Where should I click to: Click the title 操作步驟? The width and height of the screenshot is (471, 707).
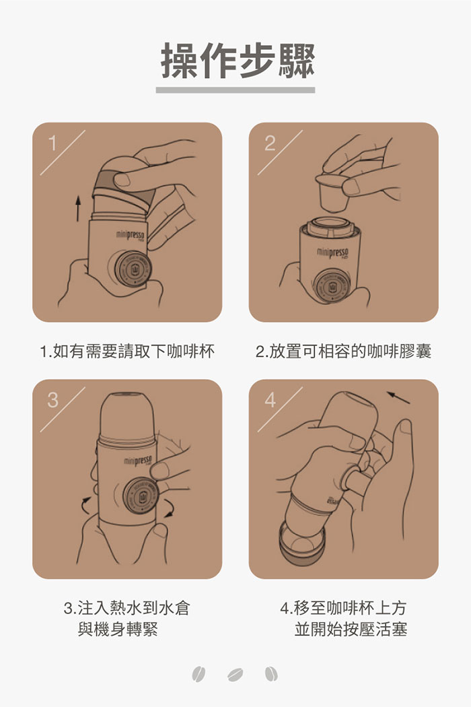238,61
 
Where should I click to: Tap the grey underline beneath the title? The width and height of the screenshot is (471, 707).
235,90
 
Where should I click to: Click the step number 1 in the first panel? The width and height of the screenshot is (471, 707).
52,143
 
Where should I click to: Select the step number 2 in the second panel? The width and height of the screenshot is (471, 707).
270,143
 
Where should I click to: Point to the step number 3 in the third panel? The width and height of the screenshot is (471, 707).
52,400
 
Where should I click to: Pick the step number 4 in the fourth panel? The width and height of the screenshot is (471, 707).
270,400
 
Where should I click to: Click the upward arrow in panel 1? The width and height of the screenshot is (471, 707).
78,208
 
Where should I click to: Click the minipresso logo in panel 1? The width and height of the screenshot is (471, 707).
130,235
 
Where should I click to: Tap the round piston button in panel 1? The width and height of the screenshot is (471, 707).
133,269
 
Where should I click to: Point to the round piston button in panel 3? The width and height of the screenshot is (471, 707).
141,496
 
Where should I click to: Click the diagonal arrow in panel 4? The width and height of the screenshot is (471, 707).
398,398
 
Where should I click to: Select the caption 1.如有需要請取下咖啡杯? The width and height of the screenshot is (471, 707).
127,351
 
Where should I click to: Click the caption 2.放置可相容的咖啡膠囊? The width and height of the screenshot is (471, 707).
343,351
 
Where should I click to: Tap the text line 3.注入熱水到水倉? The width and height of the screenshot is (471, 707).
127,608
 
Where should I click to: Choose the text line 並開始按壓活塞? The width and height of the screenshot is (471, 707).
351,629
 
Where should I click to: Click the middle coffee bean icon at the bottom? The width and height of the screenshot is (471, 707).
235,675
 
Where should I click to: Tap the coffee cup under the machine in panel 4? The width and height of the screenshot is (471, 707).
301,543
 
